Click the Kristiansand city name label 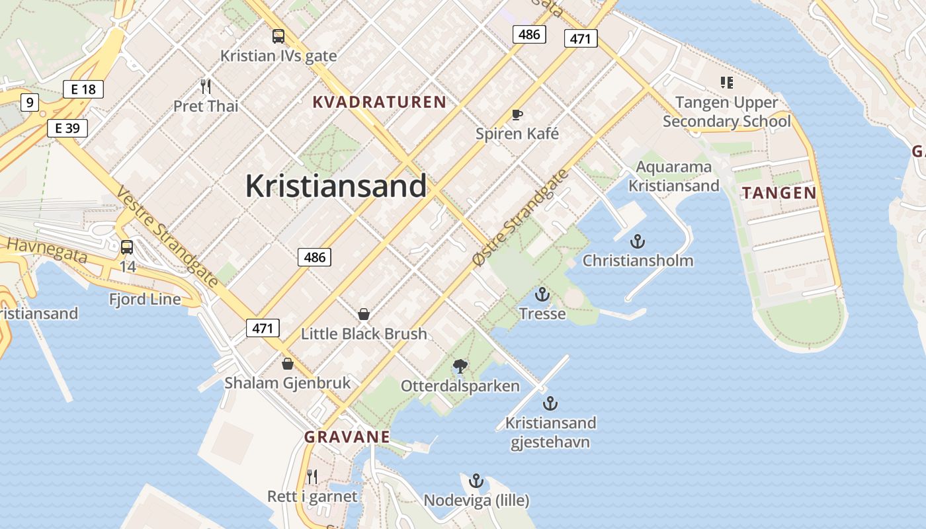[336, 186]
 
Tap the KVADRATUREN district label [379, 102]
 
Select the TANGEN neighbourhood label [779, 193]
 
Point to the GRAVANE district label [347, 437]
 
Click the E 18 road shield [83, 89]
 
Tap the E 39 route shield [67, 128]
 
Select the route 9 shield [29, 102]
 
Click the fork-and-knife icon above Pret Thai [206, 87]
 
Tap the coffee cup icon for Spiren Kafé [517, 115]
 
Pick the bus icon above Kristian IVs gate [278, 36]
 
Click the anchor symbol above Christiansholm [638, 241]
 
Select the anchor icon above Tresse [542, 294]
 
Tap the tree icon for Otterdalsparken [460, 366]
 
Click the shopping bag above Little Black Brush [363, 313]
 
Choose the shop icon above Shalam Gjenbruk [288, 364]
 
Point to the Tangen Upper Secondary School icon [727, 83]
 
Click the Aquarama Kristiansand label [673, 176]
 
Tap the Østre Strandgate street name [521, 218]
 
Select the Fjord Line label [145, 300]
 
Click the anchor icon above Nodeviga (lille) [476, 481]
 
